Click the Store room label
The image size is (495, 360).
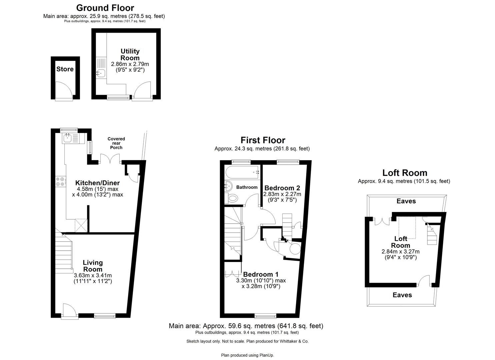coord(65,69)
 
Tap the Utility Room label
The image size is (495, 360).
coord(130,54)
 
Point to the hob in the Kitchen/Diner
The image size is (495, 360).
coord(60,181)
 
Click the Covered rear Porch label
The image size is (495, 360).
coord(116,143)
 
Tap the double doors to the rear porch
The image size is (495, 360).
coord(110,159)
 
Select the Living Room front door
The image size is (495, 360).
coord(67,311)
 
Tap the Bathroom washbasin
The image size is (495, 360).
coord(228,185)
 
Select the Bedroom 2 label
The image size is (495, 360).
coord(282,188)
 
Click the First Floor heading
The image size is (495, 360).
coord(263,140)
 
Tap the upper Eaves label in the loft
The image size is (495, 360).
coord(406,201)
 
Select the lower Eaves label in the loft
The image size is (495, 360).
coord(402,295)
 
